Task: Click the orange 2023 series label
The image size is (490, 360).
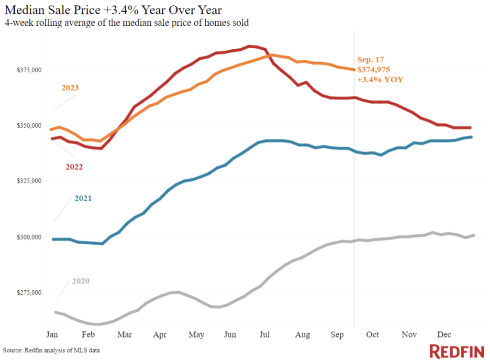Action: [70, 88]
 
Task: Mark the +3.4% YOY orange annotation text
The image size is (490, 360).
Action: [380, 79]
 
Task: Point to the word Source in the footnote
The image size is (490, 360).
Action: [12, 350]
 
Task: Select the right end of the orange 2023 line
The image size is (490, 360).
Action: [354, 70]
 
